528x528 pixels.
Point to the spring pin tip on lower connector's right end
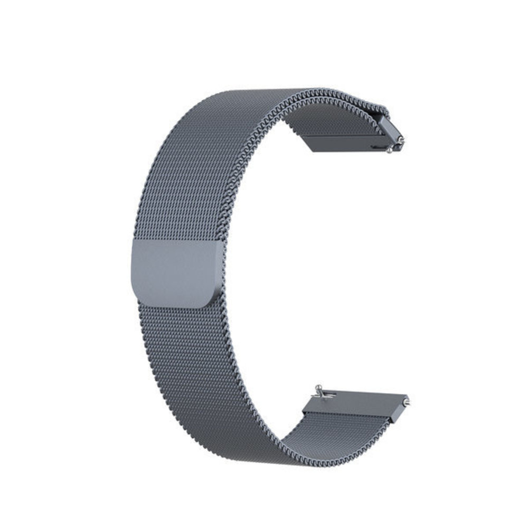pyautogui.click(x=408, y=402)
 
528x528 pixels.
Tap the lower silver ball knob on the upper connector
pyautogui.click(x=390, y=150)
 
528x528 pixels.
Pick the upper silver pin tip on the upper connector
pyautogui.click(x=402, y=140)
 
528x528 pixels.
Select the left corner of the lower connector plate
pyautogui.click(x=303, y=412)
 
